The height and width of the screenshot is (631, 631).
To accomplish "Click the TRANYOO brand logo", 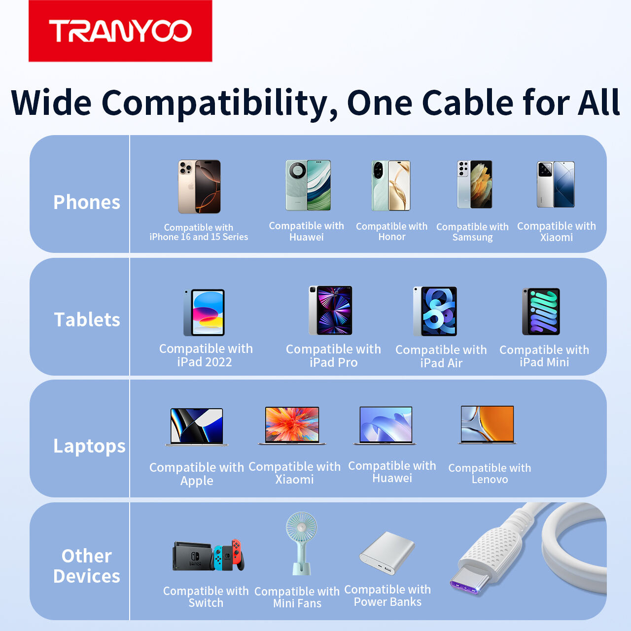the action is coord(120,31).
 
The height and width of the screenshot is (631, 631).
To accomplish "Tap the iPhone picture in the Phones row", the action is coord(199,187).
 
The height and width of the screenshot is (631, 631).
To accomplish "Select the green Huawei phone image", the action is coord(308,185).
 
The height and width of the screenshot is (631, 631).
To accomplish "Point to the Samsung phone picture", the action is coord(474,184).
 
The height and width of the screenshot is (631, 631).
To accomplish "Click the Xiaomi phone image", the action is coord(556,184).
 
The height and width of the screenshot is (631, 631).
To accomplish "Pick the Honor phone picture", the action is coord(390,185).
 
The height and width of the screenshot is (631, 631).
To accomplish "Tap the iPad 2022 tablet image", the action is coord(204,313).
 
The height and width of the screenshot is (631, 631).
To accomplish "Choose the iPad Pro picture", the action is coord(330,311).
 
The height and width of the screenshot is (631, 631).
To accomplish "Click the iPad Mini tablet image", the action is coord(541,312).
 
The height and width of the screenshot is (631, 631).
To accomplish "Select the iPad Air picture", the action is coord(435,312).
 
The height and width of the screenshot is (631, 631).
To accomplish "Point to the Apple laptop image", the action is coord(197,427).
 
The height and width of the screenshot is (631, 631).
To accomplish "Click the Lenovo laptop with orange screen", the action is coord(487,425).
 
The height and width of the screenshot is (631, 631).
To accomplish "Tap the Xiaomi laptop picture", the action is coord(292,425).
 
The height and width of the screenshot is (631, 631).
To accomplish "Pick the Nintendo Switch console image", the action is coord(209,556).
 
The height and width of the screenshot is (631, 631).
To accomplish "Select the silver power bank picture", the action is coord(387,553).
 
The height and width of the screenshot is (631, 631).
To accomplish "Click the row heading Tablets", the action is coord(87,319).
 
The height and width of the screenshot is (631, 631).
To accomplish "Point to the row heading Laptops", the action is coord(89,446).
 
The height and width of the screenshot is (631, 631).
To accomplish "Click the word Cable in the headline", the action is coord(468,103).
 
